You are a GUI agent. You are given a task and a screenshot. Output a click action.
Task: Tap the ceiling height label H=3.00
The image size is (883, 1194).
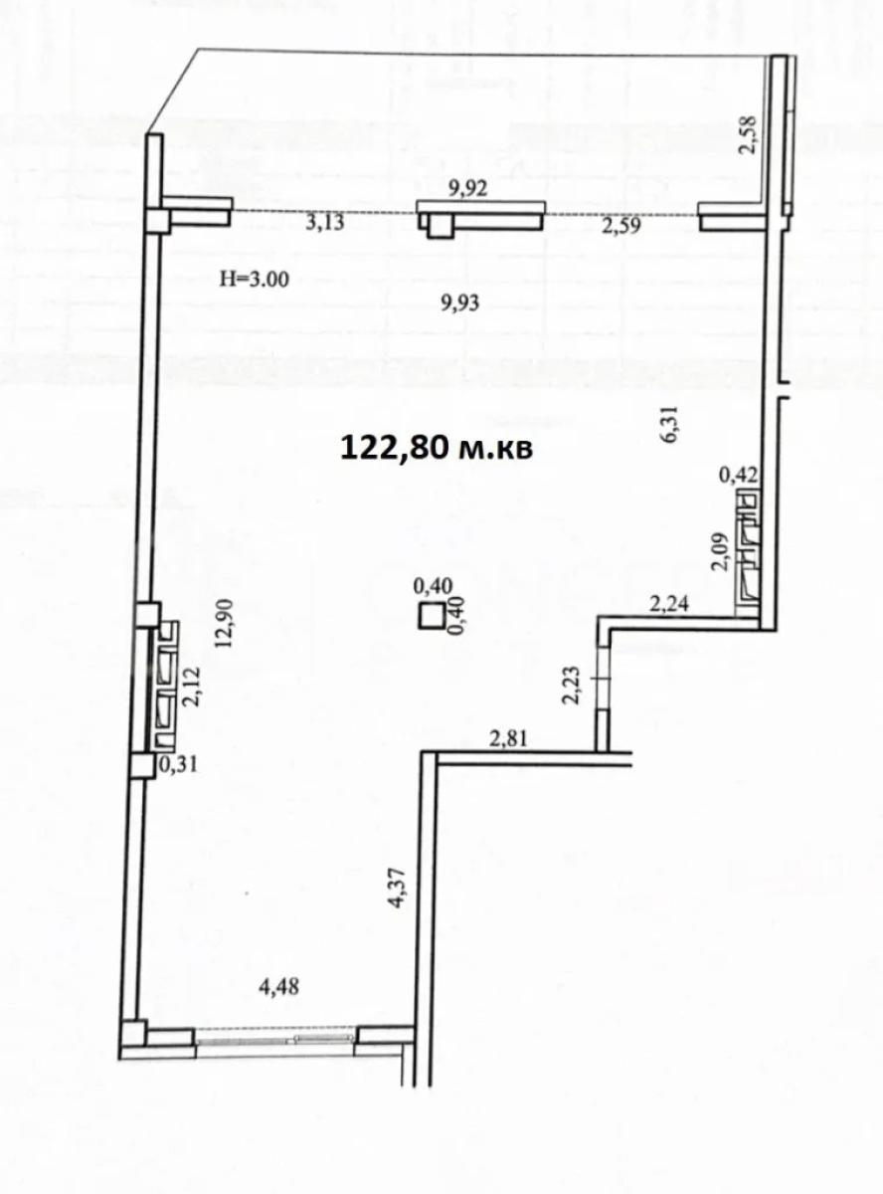[x=255, y=280]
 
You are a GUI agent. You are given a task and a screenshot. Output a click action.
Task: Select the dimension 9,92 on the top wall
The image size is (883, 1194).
[x=468, y=188]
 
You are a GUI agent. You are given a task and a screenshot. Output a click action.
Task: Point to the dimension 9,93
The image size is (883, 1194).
[x=459, y=303]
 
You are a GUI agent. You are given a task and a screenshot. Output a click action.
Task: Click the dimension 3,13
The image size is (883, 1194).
[x=325, y=222]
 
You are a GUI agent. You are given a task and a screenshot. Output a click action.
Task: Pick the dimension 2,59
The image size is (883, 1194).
[x=621, y=226]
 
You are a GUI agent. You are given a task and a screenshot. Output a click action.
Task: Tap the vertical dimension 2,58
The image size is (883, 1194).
[x=749, y=135]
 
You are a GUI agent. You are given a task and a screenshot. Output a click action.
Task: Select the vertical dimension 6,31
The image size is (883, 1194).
[x=672, y=424]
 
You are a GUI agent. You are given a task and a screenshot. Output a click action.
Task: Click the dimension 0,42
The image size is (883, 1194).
[x=740, y=476]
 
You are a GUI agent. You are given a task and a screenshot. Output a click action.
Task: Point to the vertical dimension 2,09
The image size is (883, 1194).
[x=719, y=552]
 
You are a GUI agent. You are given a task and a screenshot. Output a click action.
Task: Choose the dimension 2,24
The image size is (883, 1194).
[x=669, y=605]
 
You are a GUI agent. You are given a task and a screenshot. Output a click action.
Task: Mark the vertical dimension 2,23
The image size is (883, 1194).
[x=571, y=686]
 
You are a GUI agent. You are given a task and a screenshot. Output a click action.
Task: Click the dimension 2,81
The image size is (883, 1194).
[x=508, y=739]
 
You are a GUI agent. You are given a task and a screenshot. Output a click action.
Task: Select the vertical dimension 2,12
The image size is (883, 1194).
[x=192, y=687]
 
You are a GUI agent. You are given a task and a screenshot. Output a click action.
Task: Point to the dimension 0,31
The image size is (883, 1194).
[x=178, y=765]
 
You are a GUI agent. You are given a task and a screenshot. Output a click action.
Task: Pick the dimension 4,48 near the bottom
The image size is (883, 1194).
[x=278, y=987]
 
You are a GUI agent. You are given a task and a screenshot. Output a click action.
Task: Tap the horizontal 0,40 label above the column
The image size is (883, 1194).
[x=433, y=585]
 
